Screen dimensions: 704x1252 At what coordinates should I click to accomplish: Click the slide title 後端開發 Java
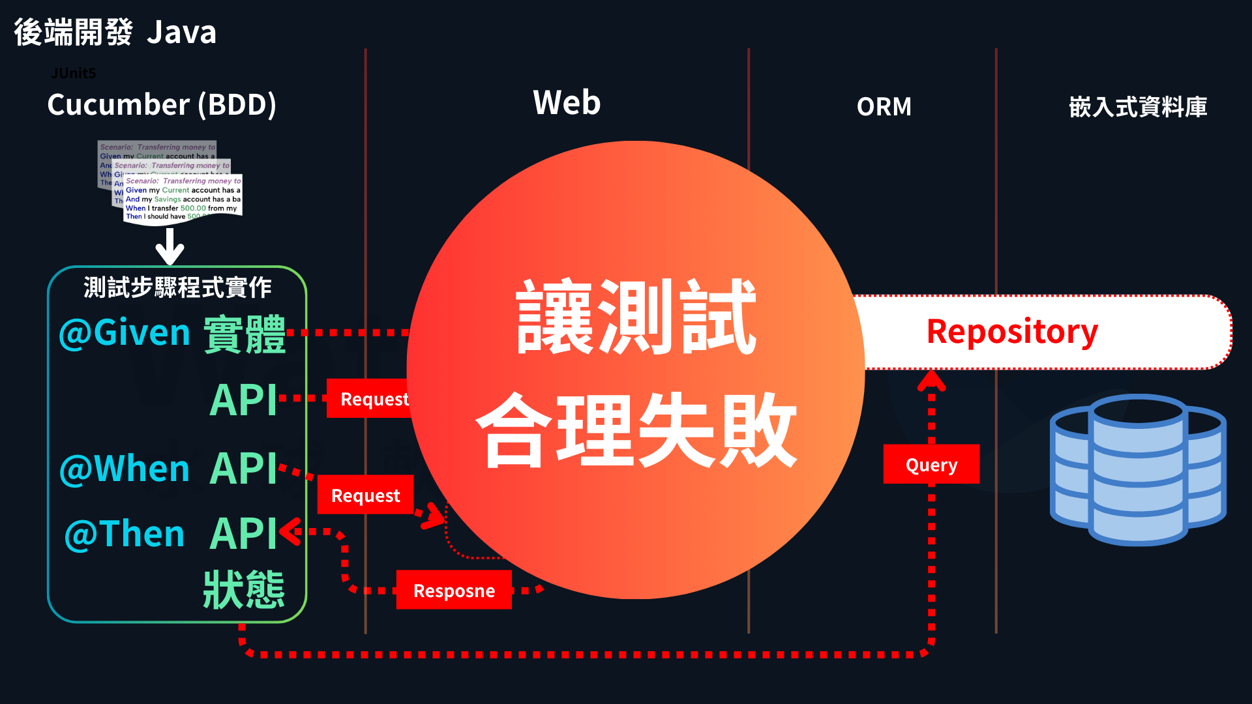pyautogui.click(x=115, y=33)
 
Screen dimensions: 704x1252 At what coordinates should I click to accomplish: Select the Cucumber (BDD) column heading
pyautogui.click(x=162, y=104)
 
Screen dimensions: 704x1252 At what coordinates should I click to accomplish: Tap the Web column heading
pyautogui.click(x=567, y=103)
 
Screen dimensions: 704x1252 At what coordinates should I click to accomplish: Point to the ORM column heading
pyautogui.click(x=884, y=107)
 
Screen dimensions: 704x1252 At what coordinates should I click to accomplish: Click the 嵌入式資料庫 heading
pyautogui.click(x=1138, y=107)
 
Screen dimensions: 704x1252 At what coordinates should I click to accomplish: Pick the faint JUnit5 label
pyautogui.click(x=73, y=73)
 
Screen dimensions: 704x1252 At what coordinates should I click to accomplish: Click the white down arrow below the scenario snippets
pyautogui.click(x=170, y=248)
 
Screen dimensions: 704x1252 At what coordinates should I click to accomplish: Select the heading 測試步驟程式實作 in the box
pyautogui.click(x=177, y=287)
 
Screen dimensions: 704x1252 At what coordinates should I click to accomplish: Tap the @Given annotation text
pyautogui.click(x=125, y=333)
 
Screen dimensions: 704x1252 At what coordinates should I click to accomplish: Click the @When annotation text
pyautogui.click(x=125, y=469)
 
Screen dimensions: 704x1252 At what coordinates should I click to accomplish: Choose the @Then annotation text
pyautogui.click(x=125, y=535)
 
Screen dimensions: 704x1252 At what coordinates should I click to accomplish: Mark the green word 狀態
pyautogui.click(x=244, y=589)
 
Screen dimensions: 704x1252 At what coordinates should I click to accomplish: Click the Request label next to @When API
pyautogui.click(x=365, y=495)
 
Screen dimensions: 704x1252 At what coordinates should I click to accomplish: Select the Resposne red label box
pyautogui.click(x=454, y=591)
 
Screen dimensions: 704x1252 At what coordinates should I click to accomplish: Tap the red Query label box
pyautogui.click(x=931, y=465)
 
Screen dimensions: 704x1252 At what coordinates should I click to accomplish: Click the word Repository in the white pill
pyautogui.click(x=1012, y=332)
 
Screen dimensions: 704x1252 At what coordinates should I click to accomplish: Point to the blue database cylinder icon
pyautogui.click(x=1138, y=469)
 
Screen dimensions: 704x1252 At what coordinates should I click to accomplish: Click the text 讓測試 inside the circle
pyautogui.click(x=636, y=317)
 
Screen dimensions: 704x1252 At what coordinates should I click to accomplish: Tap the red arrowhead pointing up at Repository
pyautogui.click(x=931, y=379)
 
